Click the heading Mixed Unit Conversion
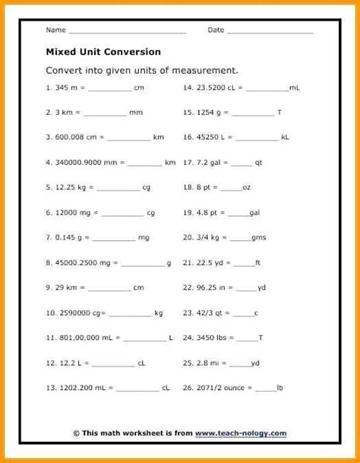103,52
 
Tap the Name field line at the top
127,32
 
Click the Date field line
270,32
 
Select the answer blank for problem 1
109,89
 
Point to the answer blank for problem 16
258,138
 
